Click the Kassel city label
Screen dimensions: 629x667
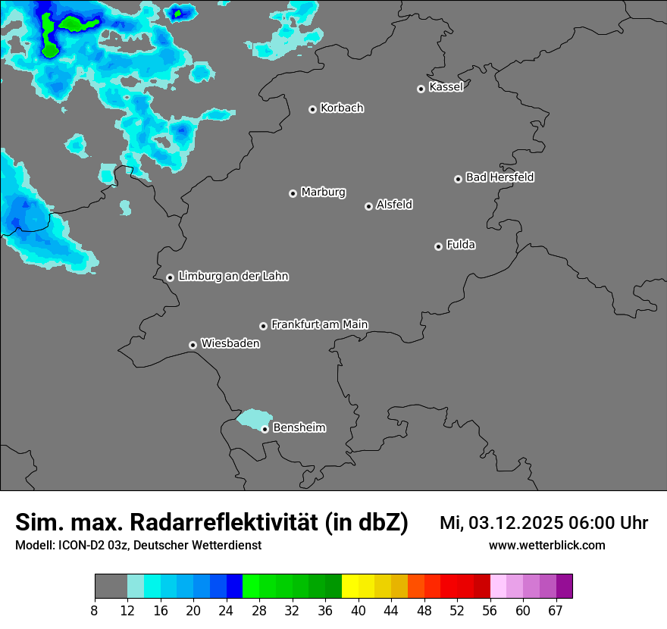click(x=446, y=87)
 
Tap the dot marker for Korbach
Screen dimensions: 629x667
click(x=312, y=109)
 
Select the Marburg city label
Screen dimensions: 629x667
click(x=323, y=192)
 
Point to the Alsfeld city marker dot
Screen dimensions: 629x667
click(x=368, y=206)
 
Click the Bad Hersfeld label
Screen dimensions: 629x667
click(x=499, y=177)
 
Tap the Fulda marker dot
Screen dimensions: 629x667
click(x=438, y=246)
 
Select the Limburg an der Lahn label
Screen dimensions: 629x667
click(x=233, y=277)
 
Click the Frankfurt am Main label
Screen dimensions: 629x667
click(x=319, y=324)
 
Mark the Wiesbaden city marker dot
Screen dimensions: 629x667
click(x=193, y=345)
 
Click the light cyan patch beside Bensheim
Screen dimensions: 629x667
click(x=253, y=419)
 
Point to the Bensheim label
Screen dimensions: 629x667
click(x=299, y=427)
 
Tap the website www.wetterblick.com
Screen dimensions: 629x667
click(x=547, y=545)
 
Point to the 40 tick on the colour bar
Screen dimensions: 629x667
click(x=359, y=611)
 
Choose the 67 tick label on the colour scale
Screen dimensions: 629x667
click(x=556, y=611)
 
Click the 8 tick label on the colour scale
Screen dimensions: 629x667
click(x=95, y=611)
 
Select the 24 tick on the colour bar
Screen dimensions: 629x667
click(x=227, y=611)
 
